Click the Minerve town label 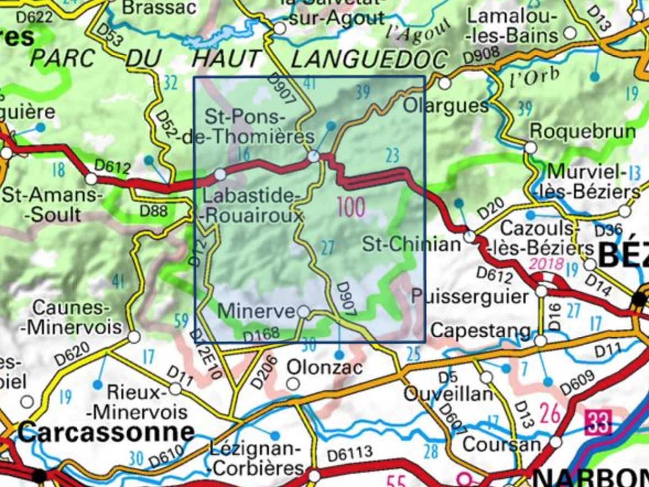(256, 311)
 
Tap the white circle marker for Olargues (445, 84)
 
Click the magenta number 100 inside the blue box (351, 208)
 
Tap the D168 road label (261, 334)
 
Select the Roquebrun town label (582, 132)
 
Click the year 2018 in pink (546, 263)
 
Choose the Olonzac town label (325, 366)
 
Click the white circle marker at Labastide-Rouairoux (220, 175)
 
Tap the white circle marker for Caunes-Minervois (133, 337)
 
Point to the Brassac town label (159, 7)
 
